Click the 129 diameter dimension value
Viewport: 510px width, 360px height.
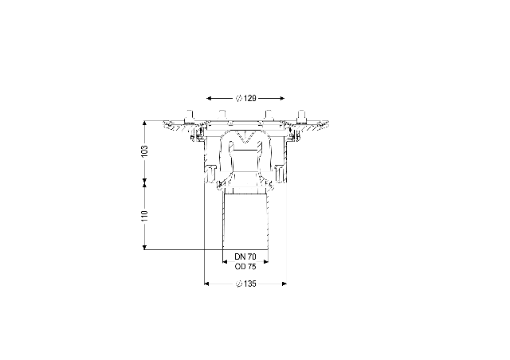pos(249,98)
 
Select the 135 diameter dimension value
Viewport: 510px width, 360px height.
pos(249,284)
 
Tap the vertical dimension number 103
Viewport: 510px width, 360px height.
pos(144,151)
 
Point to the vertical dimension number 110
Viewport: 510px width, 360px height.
pos(144,216)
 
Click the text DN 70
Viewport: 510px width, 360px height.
pos(245,256)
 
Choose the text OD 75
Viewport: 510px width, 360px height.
pos(245,267)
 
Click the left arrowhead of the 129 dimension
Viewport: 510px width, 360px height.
pos(210,98)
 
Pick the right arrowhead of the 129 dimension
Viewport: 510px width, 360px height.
pos(281,98)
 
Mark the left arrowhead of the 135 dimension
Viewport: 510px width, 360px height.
pos(206,284)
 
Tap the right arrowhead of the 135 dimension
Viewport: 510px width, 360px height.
pos(284,284)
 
